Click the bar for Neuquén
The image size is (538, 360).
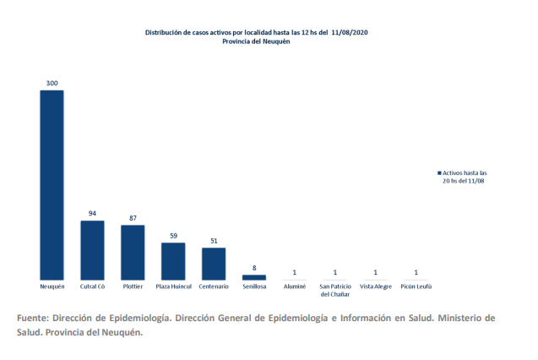(x=52, y=184)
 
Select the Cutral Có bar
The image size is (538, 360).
(x=92, y=249)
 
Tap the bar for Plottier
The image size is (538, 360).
(x=133, y=252)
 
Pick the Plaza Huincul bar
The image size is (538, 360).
(x=173, y=261)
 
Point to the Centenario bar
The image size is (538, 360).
(x=214, y=263)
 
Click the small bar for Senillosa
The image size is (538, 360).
(x=254, y=276)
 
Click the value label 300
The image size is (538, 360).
(x=52, y=84)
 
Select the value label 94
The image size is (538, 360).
(x=92, y=214)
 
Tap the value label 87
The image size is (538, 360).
(x=133, y=219)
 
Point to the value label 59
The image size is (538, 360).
(x=173, y=237)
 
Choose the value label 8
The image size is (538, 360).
(x=254, y=269)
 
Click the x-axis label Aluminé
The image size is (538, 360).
(x=295, y=287)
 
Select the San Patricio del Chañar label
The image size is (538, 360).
(x=335, y=291)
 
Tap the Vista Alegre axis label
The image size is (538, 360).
(x=375, y=287)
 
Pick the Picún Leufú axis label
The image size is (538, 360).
(x=416, y=287)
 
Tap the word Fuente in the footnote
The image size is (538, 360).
(x=31, y=318)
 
